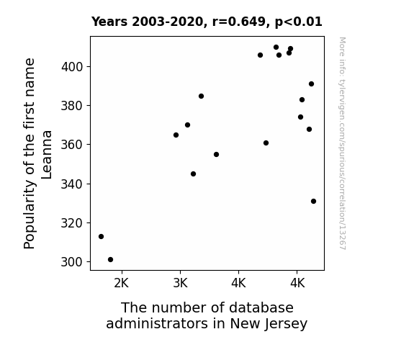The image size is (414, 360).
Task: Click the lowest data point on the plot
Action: pos(110,260)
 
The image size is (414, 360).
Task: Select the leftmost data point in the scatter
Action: pos(101,236)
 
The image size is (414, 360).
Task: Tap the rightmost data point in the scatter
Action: pos(313,202)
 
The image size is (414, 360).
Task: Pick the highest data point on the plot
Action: pos(276,48)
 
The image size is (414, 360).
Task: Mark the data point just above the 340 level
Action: pos(193,174)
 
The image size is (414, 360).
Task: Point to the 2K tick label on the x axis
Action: pos(122,283)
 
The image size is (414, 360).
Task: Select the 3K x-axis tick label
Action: pos(180,283)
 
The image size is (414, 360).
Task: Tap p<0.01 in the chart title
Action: pos(299,22)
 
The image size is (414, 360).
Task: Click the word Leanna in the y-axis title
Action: pos(47,155)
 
